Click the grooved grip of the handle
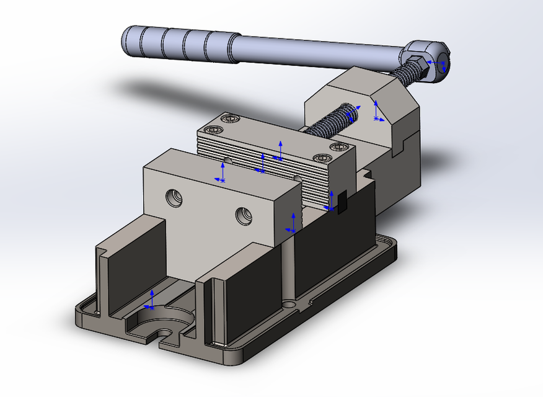pyautogui.click(x=180, y=45)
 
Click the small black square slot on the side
pyautogui.click(x=340, y=202)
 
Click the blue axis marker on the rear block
pyautogui.click(x=376, y=114)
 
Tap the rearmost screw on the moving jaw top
pyautogui.click(x=231, y=118)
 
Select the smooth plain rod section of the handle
pyautogui.click(x=322, y=53)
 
